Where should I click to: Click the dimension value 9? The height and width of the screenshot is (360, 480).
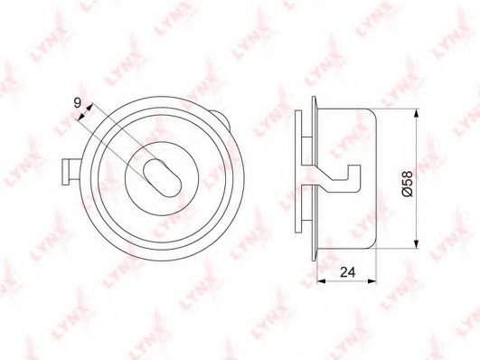[x=78, y=103]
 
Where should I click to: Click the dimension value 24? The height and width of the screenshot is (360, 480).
[x=348, y=271]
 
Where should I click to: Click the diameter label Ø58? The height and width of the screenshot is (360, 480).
[x=408, y=184]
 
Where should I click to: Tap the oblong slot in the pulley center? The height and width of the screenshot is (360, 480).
[x=162, y=178]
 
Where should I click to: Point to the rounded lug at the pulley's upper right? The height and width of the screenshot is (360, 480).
[x=222, y=118]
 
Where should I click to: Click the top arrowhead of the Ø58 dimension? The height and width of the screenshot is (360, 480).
[x=416, y=113]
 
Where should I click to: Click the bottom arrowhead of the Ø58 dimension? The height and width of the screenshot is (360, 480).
[x=416, y=243]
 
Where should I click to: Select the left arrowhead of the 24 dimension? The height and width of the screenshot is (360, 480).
[x=321, y=281]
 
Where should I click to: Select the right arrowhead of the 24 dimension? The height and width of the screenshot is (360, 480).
[x=372, y=281]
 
